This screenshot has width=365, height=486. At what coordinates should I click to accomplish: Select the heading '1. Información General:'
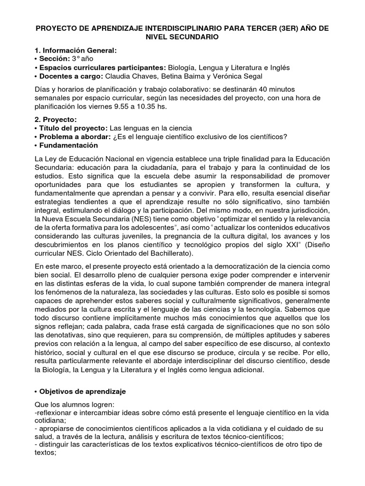[75, 50]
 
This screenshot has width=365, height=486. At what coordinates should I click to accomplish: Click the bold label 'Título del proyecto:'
[72, 128]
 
